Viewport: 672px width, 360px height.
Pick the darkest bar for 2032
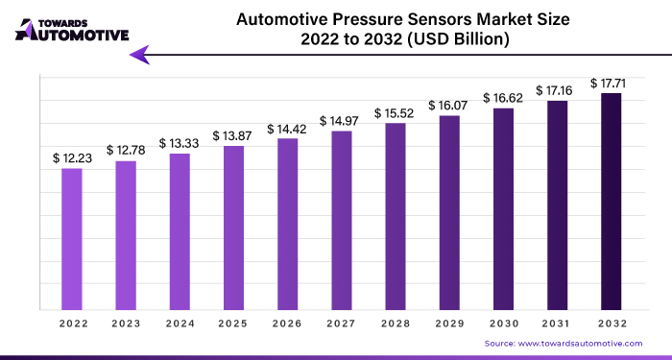pos(611,202)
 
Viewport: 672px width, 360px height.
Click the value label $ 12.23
pos(74,156)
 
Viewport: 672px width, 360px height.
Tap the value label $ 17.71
pos(611,84)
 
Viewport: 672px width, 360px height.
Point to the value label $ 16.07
pos(449,105)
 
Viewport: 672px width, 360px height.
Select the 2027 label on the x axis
pos(341,324)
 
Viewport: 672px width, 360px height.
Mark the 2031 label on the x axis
pos(557,324)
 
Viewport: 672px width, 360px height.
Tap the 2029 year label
pos(449,324)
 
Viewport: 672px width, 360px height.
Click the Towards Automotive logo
pos(72,28)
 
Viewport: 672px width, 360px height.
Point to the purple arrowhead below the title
pos(140,56)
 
